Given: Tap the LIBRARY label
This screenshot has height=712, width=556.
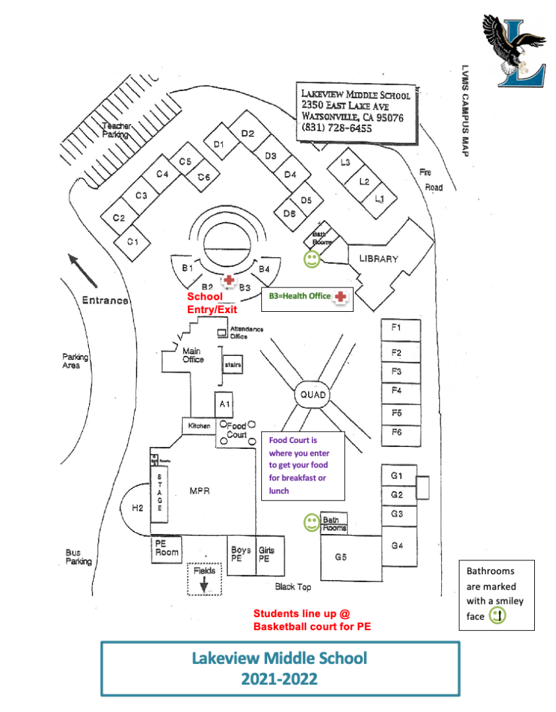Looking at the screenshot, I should (378, 258).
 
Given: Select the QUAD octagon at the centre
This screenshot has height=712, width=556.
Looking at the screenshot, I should (313, 394).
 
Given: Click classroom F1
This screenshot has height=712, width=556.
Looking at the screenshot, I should (396, 328).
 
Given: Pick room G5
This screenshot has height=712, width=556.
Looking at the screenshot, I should (341, 558).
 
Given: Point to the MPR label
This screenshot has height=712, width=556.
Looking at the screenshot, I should (199, 491).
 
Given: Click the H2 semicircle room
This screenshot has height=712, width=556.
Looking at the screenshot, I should (138, 508).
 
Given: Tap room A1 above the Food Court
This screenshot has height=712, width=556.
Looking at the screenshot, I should (224, 403).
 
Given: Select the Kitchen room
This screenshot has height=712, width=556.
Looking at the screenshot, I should (199, 426).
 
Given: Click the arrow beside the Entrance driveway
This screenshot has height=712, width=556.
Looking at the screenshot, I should (82, 270).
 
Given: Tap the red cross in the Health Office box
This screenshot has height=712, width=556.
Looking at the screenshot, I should (340, 297).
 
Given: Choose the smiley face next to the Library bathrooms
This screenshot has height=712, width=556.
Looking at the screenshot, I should (311, 259).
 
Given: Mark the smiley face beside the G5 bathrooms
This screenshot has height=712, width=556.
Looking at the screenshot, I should (311, 523).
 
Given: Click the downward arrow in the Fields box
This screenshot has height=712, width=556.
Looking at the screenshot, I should (204, 583).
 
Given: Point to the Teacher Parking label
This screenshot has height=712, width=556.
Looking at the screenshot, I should (116, 130).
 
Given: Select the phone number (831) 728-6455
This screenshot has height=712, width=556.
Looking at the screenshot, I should (336, 128).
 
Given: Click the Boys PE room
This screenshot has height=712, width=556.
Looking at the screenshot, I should (241, 554).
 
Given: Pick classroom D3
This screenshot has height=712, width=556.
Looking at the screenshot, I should (270, 156).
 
